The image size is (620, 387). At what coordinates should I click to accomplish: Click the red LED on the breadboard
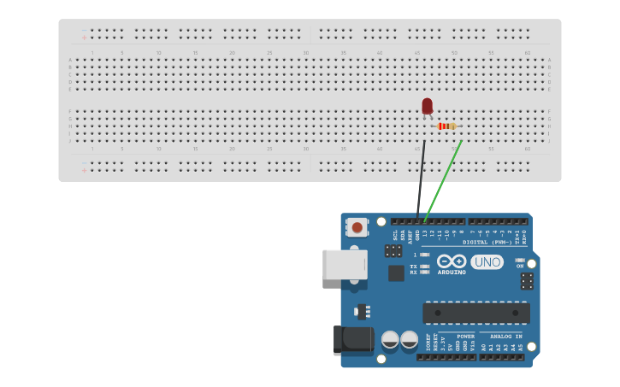coord(427,106)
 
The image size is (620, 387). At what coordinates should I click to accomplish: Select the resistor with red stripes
coord(446,126)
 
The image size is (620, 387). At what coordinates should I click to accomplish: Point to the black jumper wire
coord(421,179)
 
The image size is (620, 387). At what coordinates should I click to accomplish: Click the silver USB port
coord(344,264)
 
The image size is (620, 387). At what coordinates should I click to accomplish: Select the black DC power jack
coord(355,339)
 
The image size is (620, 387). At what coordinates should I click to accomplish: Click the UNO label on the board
coord(487,261)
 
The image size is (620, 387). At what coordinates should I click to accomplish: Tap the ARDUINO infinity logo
coord(451,261)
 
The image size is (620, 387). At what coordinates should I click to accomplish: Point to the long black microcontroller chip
coord(475,313)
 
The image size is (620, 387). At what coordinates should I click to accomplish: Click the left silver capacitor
coord(390,339)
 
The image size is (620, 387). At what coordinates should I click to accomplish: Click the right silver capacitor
coord(410,339)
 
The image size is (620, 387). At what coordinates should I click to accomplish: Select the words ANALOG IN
coord(505,337)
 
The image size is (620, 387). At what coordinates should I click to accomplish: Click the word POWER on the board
coord(465,337)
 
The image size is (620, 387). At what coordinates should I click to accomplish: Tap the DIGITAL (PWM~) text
coord(487,242)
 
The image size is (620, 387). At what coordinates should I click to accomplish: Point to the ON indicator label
coord(519,266)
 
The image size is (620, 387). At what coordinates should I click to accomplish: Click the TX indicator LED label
coord(414,266)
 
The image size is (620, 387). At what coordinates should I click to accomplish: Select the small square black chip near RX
coord(396,273)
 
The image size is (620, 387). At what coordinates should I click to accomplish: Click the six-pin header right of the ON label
coord(527,280)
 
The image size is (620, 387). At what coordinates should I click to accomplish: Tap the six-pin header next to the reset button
coord(393,250)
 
